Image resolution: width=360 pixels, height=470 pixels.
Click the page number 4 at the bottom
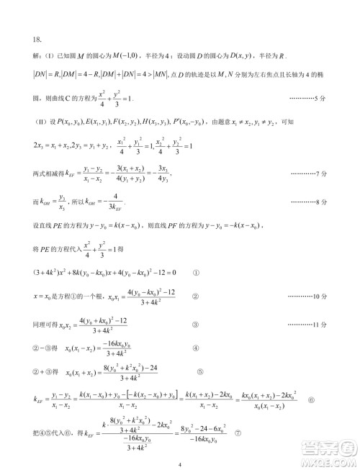pos(180,464)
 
